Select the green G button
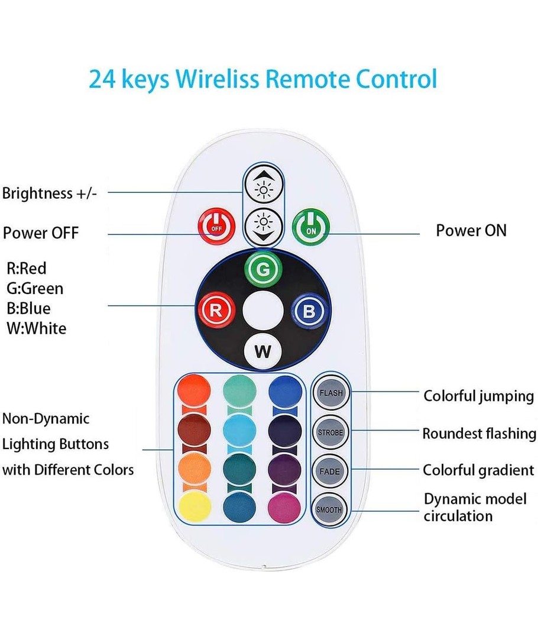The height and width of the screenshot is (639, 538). point(263,269)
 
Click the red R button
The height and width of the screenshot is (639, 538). point(216,310)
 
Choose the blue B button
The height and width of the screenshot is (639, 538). point(309,310)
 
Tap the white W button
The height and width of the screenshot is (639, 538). point(262,351)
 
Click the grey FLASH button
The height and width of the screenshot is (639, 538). point(330,393)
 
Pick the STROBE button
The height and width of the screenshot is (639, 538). point(330,432)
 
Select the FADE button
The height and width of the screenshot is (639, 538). point(330,471)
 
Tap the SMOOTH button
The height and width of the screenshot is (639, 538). point(330,509)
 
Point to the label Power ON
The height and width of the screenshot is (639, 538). point(471,230)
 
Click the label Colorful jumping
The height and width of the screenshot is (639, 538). point(478,396)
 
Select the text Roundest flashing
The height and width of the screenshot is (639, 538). point(479,434)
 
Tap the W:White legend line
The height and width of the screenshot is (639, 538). point(36,328)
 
